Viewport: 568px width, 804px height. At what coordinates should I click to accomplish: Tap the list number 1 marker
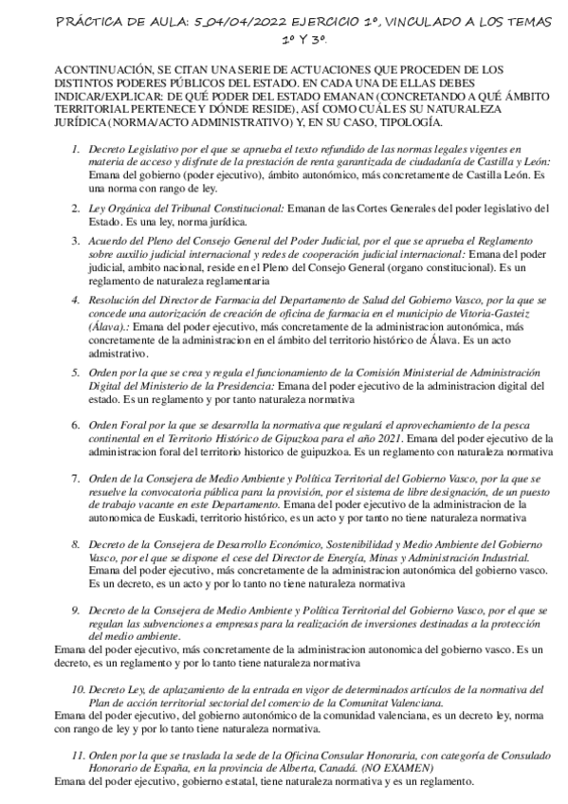tap(76, 150)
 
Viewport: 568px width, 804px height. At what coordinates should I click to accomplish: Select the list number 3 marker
tap(76, 241)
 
